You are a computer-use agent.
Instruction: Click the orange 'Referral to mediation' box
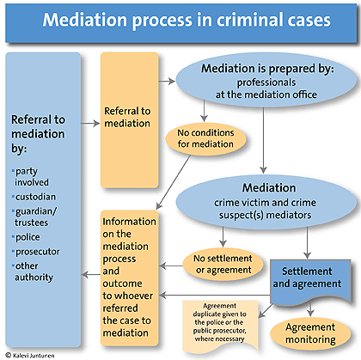(x=128, y=117)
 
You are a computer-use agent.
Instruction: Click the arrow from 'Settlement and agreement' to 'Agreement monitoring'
(x=308, y=308)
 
